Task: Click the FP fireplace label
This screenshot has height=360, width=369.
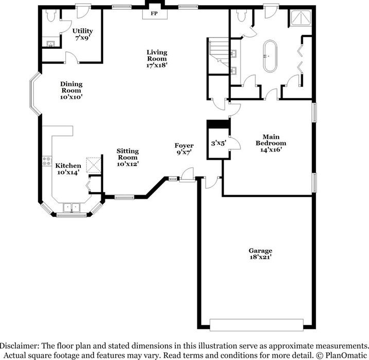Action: click(x=154, y=13)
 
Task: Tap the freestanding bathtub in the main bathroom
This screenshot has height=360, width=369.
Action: click(x=270, y=56)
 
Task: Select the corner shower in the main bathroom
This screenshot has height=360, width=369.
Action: click(x=301, y=17)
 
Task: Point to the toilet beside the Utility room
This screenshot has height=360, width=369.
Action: click(x=51, y=15)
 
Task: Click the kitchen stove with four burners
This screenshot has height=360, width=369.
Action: click(x=47, y=161)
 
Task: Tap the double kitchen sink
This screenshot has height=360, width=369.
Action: click(x=71, y=207)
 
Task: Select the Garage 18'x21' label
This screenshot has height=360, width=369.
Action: click(x=261, y=254)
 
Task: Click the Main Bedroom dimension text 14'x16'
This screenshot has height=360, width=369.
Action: click(x=271, y=149)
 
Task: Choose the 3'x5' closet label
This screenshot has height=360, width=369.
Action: click(x=218, y=143)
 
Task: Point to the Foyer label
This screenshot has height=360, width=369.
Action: click(x=184, y=145)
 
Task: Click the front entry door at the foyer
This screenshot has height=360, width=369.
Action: click(x=188, y=175)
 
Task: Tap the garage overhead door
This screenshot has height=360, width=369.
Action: click(x=256, y=325)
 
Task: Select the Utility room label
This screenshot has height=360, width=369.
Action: click(x=83, y=31)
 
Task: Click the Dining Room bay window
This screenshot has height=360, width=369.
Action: click(x=34, y=94)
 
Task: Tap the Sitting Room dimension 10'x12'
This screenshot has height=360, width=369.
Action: click(x=127, y=164)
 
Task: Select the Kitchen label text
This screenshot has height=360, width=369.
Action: click(x=68, y=165)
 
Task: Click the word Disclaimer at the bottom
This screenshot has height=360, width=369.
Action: click(x=20, y=346)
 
